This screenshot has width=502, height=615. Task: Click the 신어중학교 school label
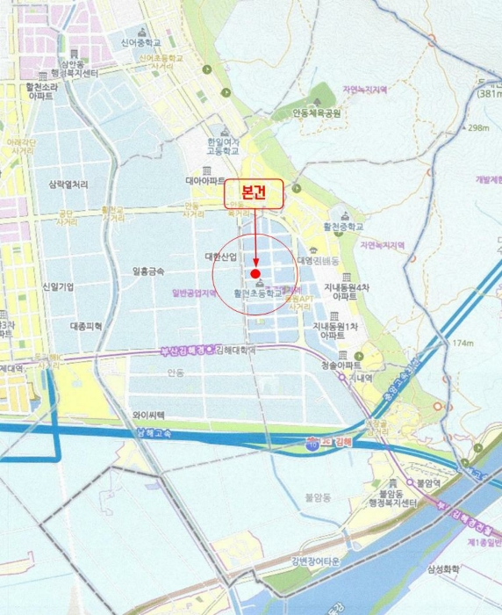(x=142, y=40)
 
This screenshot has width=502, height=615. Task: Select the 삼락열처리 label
(x=68, y=184)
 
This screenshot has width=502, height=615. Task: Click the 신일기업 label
(x=57, y=287)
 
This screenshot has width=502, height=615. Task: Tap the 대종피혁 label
(x=86, y=326)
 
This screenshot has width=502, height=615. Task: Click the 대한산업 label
(x=221, y=257)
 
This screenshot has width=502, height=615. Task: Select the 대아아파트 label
(x=205, y=180)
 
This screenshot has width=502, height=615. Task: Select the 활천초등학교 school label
(x=258, y=294)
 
